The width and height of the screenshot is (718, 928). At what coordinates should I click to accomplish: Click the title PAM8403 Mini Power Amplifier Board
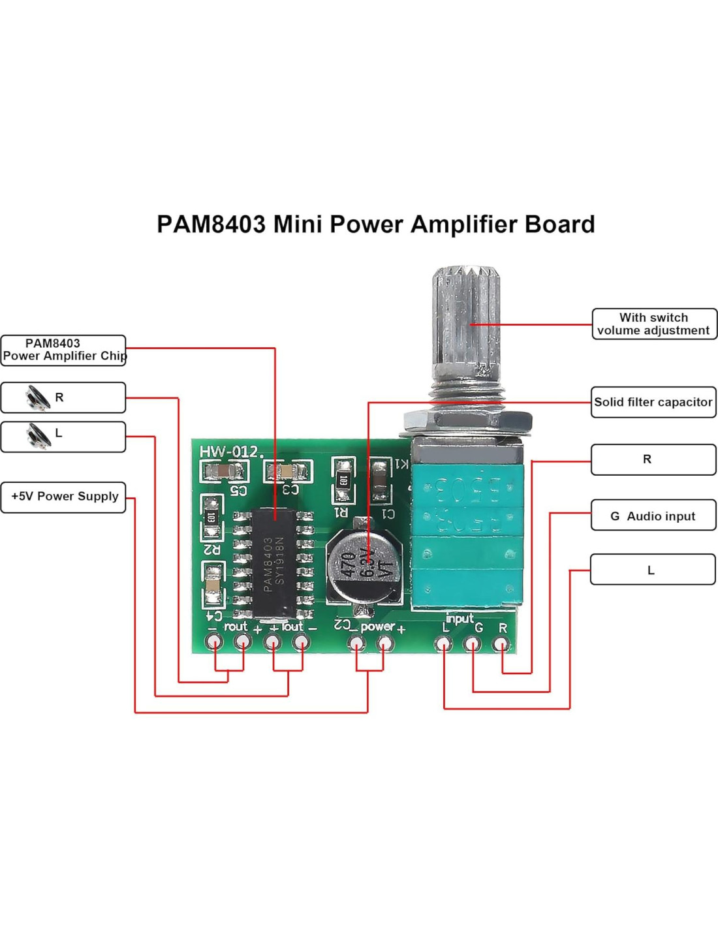pos(375,224)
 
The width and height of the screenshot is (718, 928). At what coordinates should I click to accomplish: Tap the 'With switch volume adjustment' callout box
pos(653,324)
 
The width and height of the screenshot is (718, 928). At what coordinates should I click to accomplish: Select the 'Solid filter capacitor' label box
pos(653,402)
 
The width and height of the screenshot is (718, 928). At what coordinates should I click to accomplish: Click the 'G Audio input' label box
pos(653,516)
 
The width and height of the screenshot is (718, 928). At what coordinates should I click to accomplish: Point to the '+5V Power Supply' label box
pos(64,497)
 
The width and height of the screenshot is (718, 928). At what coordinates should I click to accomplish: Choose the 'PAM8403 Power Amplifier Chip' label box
pos(63,350)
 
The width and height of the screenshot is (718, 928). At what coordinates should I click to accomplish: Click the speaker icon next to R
pos(37,397)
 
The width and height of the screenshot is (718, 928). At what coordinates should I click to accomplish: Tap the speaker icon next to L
pos(37,435)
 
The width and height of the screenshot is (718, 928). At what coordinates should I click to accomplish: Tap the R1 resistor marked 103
pos(343,480)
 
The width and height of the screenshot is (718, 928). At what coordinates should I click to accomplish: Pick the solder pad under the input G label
pos(472,645)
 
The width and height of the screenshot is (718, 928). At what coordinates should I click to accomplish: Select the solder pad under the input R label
pos(501,645)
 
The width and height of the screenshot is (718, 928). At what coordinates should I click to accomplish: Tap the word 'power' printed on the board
pos(377,626)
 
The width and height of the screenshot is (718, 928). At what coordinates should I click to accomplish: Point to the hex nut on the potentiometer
pos(467,421)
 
